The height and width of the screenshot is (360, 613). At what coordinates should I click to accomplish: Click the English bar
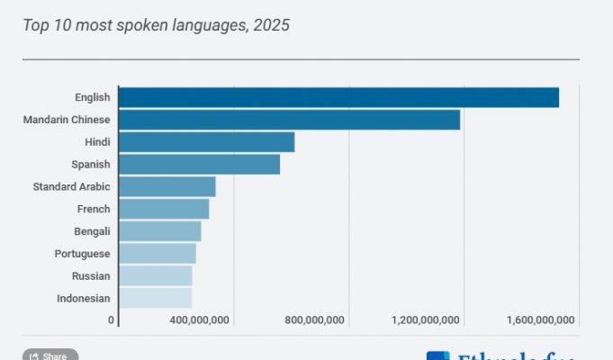click(338, 97)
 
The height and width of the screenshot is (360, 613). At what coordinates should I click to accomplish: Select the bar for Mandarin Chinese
click(289, 120)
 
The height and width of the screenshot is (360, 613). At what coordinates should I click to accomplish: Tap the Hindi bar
click(206, 142)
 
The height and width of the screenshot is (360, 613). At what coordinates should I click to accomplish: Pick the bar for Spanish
click(199, 164)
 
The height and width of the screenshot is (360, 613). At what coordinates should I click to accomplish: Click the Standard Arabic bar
click(167, 186)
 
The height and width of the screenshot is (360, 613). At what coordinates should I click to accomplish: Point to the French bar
click(164, 209)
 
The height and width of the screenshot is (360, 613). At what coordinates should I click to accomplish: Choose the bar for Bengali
click(159, 231)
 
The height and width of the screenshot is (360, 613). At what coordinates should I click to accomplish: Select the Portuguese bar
click(157, 254)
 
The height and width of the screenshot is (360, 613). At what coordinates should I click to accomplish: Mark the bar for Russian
click(155, 275)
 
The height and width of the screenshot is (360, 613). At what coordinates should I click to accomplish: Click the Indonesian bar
click(155, 298)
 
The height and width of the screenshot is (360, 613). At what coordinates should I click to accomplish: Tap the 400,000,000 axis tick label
click(199, 320)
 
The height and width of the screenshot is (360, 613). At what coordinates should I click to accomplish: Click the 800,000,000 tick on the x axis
click(314, 320)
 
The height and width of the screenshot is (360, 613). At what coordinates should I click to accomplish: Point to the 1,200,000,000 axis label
click(426, 320)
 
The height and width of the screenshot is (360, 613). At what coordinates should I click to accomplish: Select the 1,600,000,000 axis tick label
click(541, 320)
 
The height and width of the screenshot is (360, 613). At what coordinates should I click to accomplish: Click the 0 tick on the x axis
click(112, 320)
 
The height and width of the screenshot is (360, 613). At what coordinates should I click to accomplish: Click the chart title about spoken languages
click(156, 25)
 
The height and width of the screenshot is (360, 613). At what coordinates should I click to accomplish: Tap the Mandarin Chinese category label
click(67, 120)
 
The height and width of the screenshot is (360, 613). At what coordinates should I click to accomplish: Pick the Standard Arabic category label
click(71, 186)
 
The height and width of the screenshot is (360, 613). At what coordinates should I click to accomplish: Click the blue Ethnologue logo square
click(438, 355)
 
